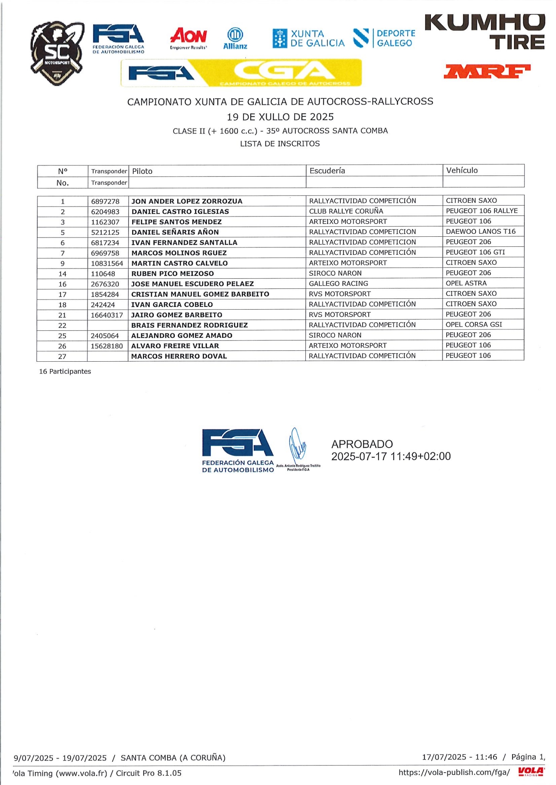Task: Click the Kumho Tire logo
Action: pos(485,32)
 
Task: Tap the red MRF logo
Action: pos(487,71)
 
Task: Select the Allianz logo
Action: pos(235,39)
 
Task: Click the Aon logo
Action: pos(188,37)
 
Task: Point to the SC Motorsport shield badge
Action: pos(57,53)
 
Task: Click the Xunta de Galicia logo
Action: pos(308,39)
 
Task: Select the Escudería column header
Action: pos(327,170)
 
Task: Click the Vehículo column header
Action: pos(462,170)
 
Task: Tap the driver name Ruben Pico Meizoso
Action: pos(173,273)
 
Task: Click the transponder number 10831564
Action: pos(107,263)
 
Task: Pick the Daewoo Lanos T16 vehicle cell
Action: pos(480,231)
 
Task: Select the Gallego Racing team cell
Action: pos(338,283)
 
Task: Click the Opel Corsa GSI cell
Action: pos(474,324)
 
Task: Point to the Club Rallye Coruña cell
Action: pos(346,211)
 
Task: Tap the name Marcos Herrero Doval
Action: pos(179,356)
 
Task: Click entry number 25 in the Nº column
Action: pos(62,336)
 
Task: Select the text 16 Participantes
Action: pos(65,371)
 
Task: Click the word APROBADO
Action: pos(362,444)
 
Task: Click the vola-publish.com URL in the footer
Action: pos(454,773)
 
